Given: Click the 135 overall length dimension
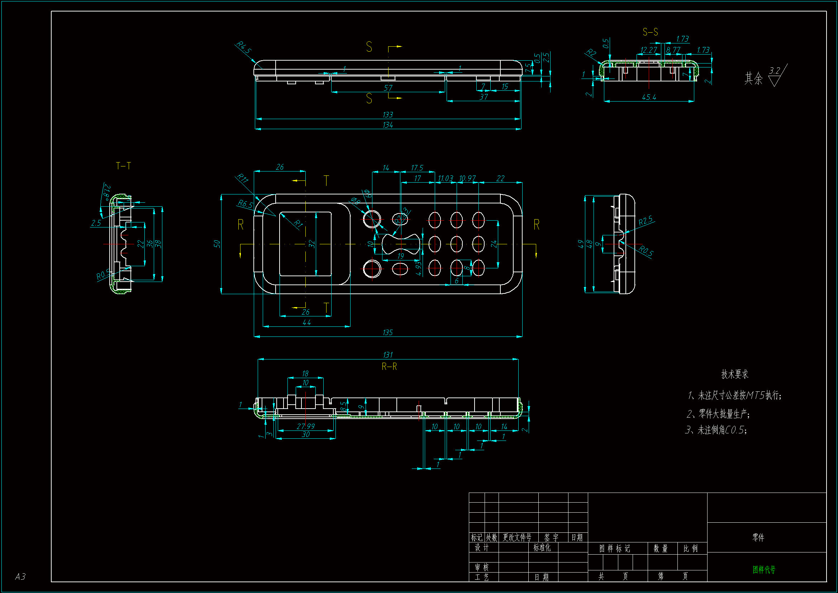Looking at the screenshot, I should pyautogui.click(x=387, y=333).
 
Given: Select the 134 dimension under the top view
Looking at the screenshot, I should pyautogui.click(x=387, y=125).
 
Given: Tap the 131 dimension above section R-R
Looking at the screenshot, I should pyautogui.click(x=387, y=355).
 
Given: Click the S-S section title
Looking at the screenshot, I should pyautogui.click(x=650, y=32).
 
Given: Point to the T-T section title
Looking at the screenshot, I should pyautogui.click(x=123, y=166).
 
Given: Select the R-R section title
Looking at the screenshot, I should pyautogui.click(x=389, y=367).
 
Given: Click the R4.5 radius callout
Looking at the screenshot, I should pyautogui.click(x=243, y=47).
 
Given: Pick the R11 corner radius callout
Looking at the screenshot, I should pyautogui.click(x=242, y=178).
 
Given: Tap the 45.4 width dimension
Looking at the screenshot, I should pyautogui.click(x=649, y=97).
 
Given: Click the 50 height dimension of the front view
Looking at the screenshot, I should pyautogui.click(x=217, y=244).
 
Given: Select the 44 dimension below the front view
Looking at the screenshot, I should pyautogui.click(x=306, y=322).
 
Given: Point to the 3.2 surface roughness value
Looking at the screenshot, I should pyautogui.click(x=775, y=70).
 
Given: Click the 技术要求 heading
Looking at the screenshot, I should pyautogui.click(x=734, y=374).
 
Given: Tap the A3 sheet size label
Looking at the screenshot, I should pyautogui.click(x=20, y=576).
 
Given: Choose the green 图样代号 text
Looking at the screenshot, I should pyautogui.click(x=764, y=570).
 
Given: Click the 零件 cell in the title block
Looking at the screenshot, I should pyautogui.click(x=758, y=537).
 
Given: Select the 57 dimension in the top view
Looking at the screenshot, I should pyautogui.click(x=388, y=88).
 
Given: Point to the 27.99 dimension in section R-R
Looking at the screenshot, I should pyautogui.click(x=305, y=426).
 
